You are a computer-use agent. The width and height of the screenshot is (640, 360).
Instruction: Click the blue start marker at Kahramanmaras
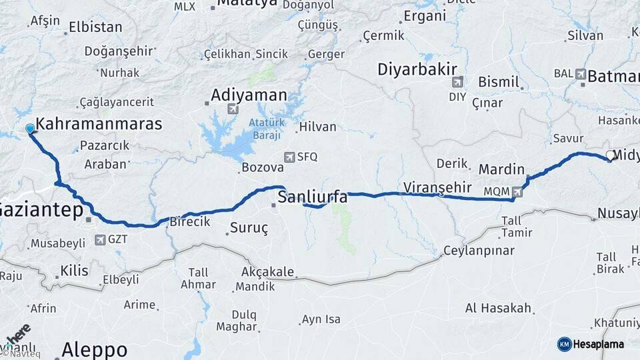30,129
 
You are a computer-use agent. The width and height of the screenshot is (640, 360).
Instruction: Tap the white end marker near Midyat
610,156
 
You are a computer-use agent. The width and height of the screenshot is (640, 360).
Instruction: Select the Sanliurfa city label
313,197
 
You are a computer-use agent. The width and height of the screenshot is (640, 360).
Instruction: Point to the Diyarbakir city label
417,69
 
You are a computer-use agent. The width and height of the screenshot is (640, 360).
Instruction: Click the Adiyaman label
249,95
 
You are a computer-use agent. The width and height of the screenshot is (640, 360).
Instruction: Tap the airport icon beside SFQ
289,157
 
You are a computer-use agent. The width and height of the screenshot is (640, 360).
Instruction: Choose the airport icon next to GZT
100,239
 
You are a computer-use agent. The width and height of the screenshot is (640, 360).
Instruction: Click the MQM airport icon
517,192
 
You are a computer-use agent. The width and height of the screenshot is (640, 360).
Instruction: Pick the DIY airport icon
457,83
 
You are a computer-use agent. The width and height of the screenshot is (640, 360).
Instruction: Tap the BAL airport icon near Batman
580,74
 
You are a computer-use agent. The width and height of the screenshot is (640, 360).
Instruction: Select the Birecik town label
190,221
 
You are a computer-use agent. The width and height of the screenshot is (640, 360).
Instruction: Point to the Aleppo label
94,349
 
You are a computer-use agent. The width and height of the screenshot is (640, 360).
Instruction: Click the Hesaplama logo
591,344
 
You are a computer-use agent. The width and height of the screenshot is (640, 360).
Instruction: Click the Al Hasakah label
498,308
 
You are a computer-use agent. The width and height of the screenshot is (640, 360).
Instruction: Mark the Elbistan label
96,27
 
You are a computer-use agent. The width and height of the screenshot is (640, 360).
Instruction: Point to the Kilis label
74,271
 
